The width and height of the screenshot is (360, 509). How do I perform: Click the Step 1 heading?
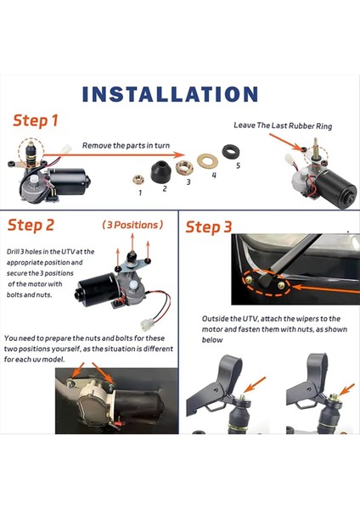click(35, 121)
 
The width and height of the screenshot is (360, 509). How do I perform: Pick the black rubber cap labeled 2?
click(159, 172)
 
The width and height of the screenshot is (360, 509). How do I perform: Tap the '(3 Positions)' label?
click(132, 226)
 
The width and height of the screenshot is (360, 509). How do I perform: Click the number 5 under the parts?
click(238, 165)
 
